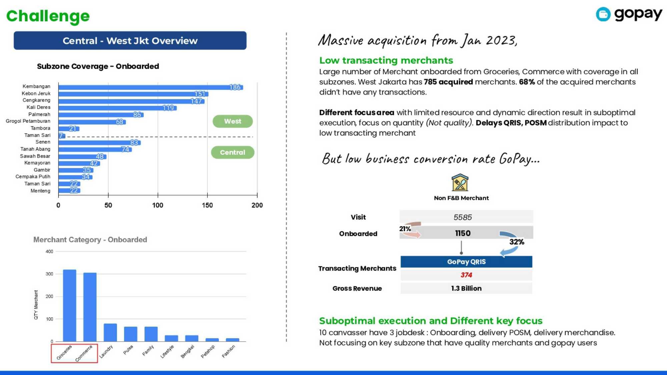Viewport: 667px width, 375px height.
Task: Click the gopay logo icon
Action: (603, 14)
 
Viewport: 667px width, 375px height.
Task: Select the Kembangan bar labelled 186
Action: (150, 87)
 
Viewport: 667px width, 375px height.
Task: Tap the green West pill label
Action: (232, 121)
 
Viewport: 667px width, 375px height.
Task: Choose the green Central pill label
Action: (232, 152)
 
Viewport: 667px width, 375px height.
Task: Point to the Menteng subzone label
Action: (40, 191)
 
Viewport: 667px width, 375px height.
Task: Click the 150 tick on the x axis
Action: (207, 205)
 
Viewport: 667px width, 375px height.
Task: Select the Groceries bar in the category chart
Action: (69, 305)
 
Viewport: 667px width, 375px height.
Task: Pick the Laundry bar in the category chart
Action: (110, 332)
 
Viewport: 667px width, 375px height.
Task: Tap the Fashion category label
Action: (229, 351)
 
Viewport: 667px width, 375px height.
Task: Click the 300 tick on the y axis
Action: (49, 274)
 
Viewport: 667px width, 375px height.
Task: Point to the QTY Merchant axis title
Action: (36, 305)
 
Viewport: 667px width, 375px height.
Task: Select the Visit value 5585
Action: (463, 217)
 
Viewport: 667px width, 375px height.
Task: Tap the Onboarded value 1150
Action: (463, 233)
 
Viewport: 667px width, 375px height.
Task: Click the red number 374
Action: (466, 275)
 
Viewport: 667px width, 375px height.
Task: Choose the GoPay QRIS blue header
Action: (466, 262)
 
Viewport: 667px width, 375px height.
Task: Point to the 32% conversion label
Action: (517, 242)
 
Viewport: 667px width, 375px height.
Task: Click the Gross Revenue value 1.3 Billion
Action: (466, 288)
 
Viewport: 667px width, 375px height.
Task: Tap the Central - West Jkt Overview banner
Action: (130, 41)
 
